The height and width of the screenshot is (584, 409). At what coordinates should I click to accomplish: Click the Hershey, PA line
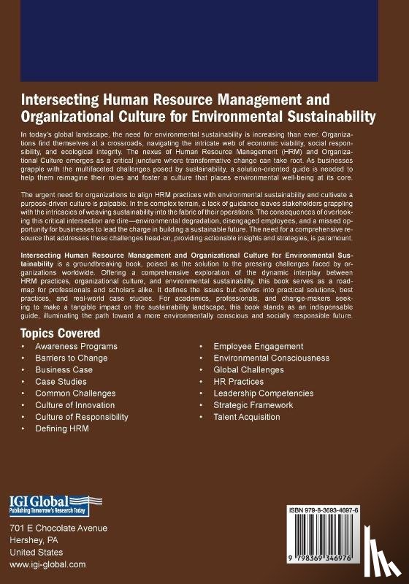click(x=36, y=540)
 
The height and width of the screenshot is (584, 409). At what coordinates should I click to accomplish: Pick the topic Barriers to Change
click(x=71, y=358)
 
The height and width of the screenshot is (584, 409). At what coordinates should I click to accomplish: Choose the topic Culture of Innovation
click(x=74, y=404)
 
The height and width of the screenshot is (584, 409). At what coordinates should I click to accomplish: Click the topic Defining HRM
click(x=61, y=428)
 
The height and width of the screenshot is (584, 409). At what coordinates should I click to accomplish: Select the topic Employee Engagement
click(x=259, y=346)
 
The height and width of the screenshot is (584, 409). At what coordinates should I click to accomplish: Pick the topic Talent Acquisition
click(x=247, y=416)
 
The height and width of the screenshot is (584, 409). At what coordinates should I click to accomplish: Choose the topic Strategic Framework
click(x=253, y=404)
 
